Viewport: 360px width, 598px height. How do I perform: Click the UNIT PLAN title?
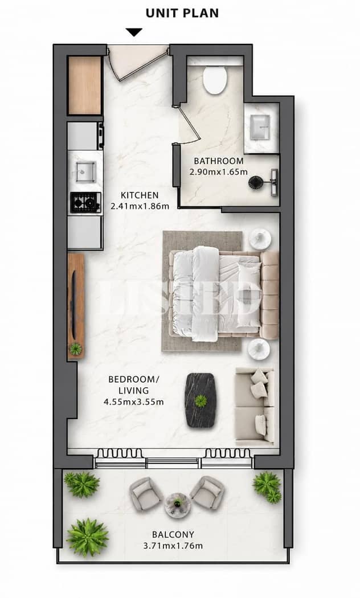182,13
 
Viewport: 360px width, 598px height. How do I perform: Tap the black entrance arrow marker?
134,32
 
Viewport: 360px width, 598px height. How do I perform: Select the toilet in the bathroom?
215,80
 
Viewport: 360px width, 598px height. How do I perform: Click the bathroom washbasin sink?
260,128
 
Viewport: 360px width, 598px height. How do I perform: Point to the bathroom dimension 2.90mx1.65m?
219,171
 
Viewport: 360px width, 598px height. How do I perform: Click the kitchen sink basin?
85,171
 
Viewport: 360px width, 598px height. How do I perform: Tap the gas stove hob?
86,202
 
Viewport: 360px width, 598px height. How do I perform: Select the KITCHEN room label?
140,195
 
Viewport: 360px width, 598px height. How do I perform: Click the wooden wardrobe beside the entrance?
85,85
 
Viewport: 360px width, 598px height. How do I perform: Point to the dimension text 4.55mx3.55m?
133,402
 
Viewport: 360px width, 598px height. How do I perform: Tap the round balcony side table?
177,504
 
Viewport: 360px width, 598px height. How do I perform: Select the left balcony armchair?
146,494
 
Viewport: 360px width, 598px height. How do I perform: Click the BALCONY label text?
173,535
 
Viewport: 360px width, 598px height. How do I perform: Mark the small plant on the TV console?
76,349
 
